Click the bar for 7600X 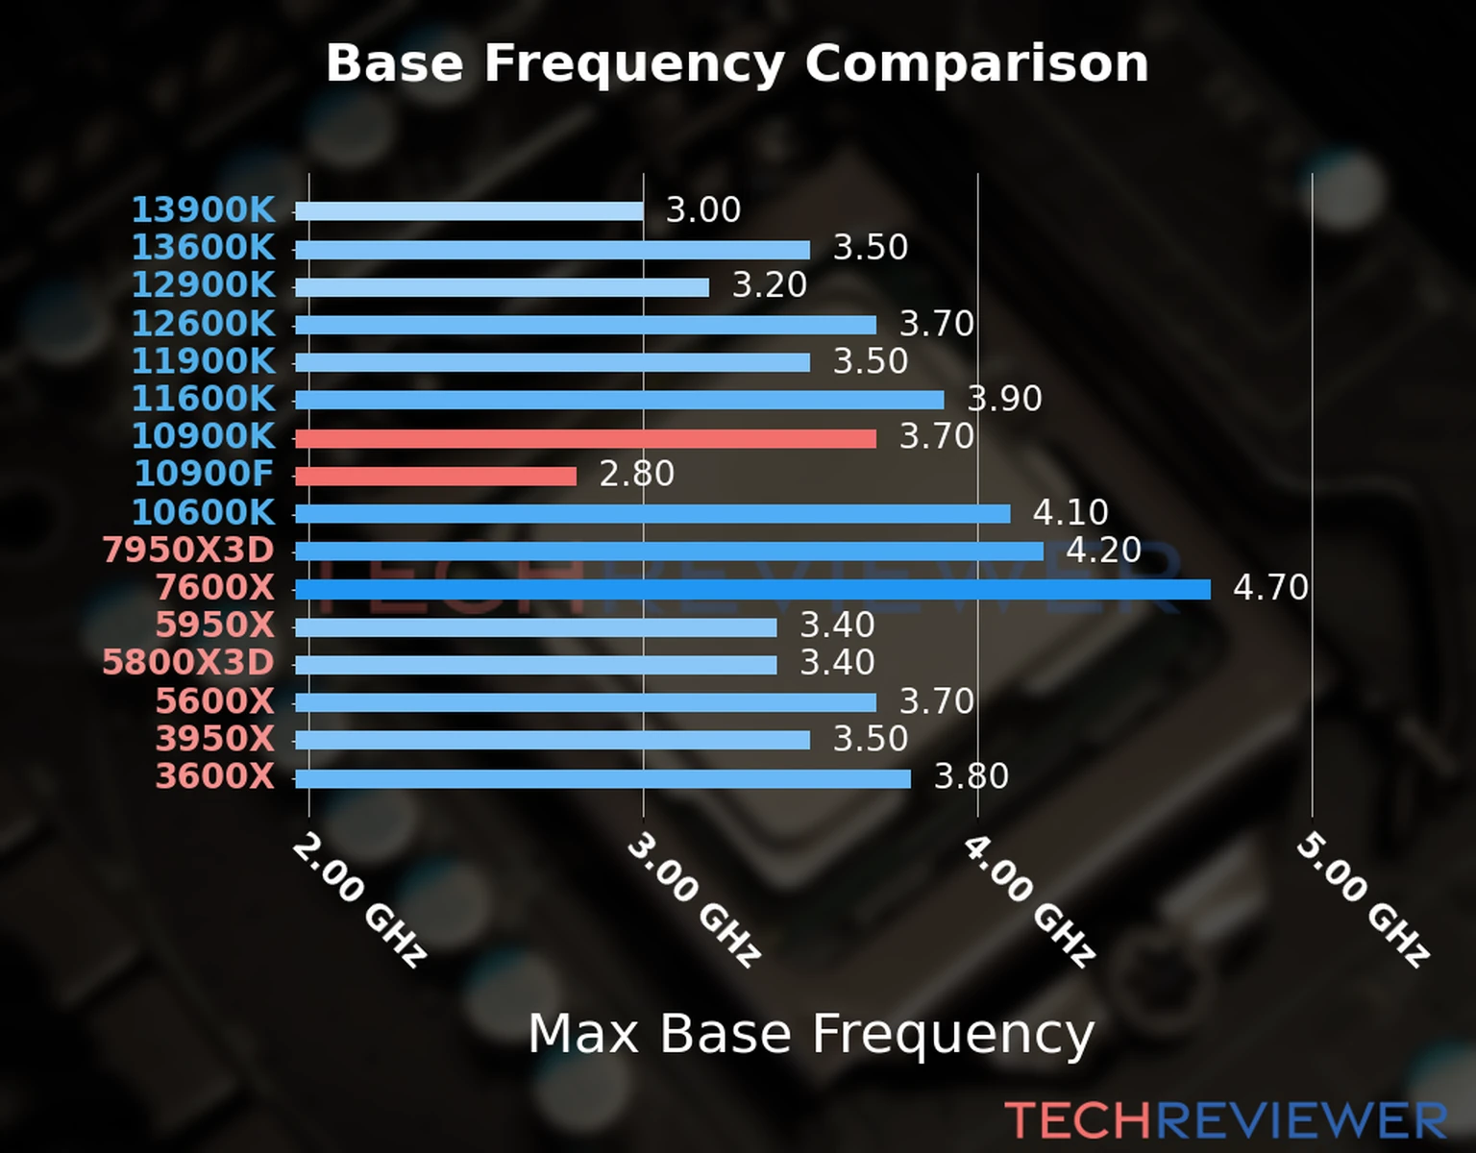coord(752,589)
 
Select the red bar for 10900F coord(435,476)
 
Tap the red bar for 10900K coord(585,438)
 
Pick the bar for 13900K coord(469,211)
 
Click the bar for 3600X coord(603,777)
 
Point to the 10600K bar coord(652,514)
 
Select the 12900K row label coord(203,285)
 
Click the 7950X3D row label coord(188,551)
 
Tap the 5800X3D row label coord(188,663)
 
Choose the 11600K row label coord(203,399)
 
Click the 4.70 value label coord(1270,587)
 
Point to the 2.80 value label coord(636,474)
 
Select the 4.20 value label coord(1103,550)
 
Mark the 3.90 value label coord(1004,399)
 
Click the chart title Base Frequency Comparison coord(737,63)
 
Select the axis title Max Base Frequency coord(811,1035)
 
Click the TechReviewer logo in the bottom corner coord(1225,1120)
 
